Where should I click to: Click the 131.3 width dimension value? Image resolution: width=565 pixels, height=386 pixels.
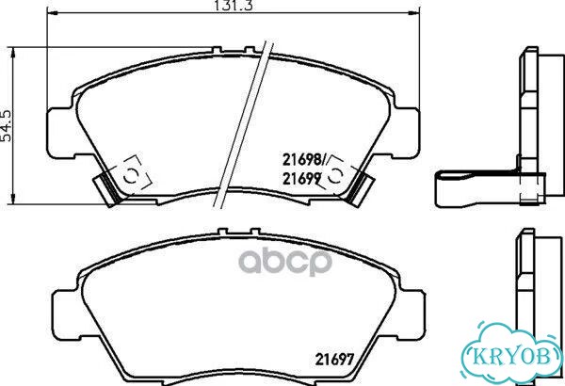[234, 5]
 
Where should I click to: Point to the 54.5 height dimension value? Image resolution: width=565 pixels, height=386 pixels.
[7, 125]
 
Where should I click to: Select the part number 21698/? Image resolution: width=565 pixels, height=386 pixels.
[304, 160]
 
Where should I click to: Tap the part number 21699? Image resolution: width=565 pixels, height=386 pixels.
[302, 178]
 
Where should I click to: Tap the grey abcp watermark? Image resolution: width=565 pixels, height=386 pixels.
[285, 261]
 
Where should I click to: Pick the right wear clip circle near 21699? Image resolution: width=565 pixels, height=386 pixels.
[335, 175]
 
